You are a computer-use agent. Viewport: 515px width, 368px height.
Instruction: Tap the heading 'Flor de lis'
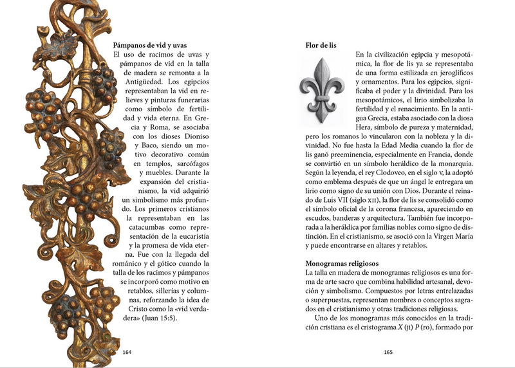click(x=321, y=46)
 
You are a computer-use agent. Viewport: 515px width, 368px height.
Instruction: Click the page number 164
click(x=127, y=352)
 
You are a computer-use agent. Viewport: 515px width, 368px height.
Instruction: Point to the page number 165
click(x=388, y=352)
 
